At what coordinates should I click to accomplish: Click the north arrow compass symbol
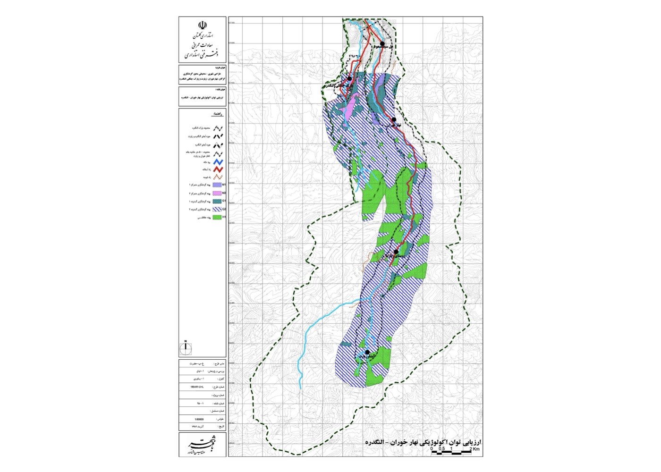pyautogui.click(x=186, y=348)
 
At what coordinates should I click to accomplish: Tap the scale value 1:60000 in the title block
pyautogui.click(x=199, y=419)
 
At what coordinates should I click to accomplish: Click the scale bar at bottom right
pyautogui.click(x=451, y=453)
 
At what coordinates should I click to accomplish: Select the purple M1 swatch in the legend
pyautogui.click(x=217, y=185)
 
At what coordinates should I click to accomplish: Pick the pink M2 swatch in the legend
pyautogui.click(x=217, y=193)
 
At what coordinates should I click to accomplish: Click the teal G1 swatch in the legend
pyautogui.click(x=217, y=201)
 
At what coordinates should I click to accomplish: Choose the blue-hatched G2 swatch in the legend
pyautogui.click(x=217, y=209)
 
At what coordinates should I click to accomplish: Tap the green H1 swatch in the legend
pyautogui.click(x=217, y=218)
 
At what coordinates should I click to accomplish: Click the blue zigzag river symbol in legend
pyautogui.click(x=218, y=162)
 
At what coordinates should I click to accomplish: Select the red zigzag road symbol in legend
pyautogui.click(x=218, y=169)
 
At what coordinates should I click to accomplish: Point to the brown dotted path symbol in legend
pyautogui.click(x=218, y=177)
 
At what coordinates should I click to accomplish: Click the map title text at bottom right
pyautogui.click(x=423, y=442)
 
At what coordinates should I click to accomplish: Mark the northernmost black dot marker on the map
pyautogui.click(x=382, y=44)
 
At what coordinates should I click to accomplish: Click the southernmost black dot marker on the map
pyautogui.click(x=367, y=352)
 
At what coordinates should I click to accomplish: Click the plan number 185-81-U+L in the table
pyautogui.click(x=197, y=387)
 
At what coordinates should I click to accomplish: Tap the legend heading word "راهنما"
pyautogui.click(x=217, y=114)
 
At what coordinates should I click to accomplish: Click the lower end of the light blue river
pyautogui.click(x=301, y=388)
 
